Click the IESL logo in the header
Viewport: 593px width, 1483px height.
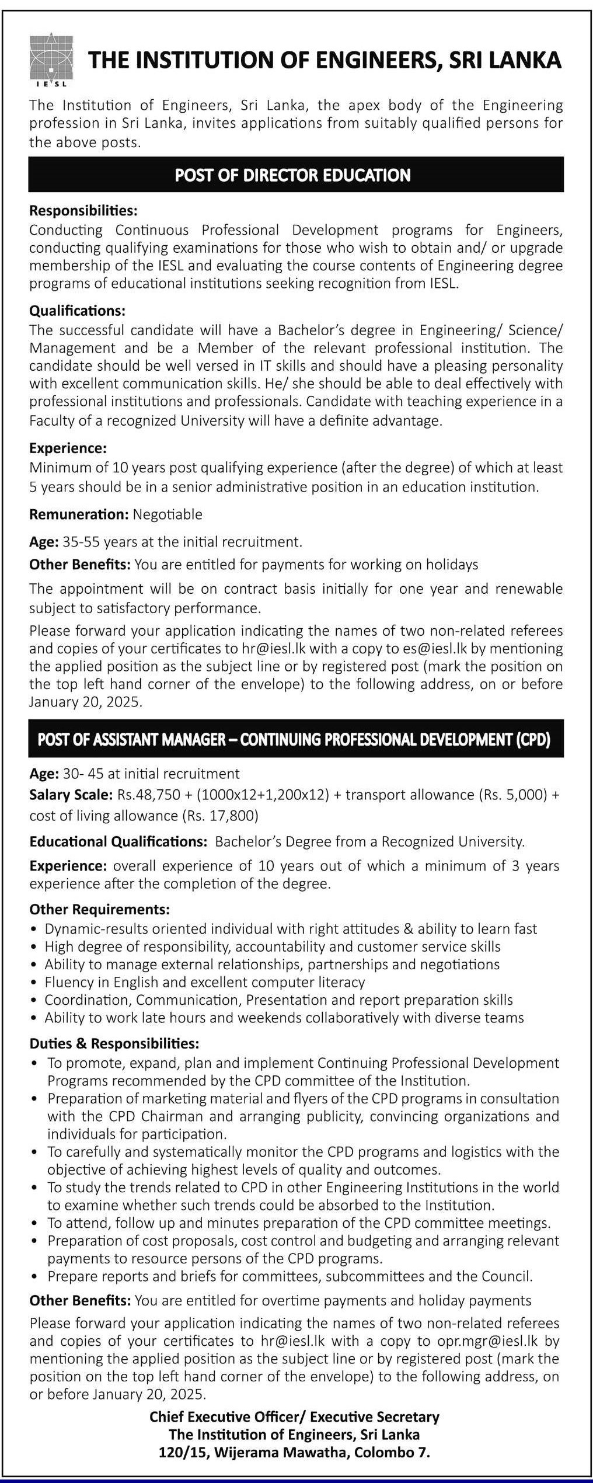point(51,59)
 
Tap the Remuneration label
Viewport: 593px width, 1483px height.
point(79,514)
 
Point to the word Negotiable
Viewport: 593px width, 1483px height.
point(168,514)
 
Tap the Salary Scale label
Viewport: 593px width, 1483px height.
point(71,795)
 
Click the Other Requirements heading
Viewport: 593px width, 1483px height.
point(100,909)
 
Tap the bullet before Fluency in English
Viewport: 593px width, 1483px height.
point(36,983)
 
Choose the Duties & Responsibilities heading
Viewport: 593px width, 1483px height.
point(114,1043)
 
